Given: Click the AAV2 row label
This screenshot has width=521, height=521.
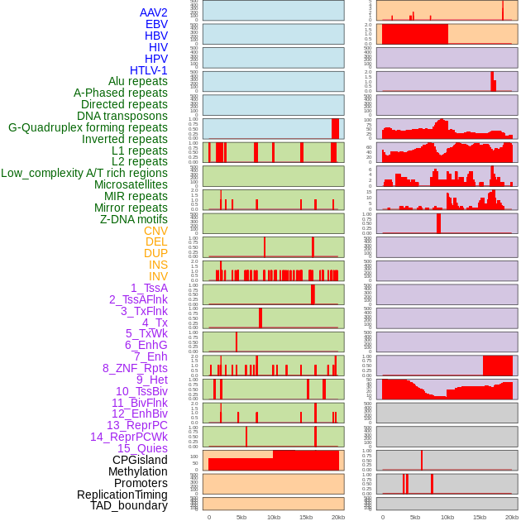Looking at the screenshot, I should coord(154,12).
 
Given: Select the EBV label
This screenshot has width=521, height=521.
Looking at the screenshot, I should coord(156,24).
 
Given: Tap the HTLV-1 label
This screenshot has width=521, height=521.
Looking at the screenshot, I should coord(149,70).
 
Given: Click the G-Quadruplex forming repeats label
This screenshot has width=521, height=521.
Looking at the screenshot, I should coord(88,127).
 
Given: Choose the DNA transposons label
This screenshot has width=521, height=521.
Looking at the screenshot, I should coord(122,116).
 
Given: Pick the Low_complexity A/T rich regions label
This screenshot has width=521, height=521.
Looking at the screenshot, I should coord(84,173).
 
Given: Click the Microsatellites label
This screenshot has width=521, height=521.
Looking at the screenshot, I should coord(131,184).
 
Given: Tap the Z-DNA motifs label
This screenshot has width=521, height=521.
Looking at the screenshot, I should coord(134,219).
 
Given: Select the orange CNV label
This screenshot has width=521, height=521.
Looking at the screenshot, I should coord(155,231).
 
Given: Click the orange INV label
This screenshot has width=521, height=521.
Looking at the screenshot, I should coord(158,276).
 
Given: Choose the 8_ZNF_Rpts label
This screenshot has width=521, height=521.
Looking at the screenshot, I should coord(135,368).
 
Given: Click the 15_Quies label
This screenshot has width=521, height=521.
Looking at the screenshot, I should coord(142,448).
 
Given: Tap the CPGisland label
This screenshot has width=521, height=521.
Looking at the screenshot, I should coord(140,460).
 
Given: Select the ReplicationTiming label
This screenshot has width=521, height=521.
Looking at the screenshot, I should coord(122,495).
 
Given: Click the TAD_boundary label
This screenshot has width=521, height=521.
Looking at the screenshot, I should coord(129,505).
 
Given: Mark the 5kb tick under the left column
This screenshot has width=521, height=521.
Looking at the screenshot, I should coord(241,517).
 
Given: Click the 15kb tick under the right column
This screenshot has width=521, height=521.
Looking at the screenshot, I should coord(480,517).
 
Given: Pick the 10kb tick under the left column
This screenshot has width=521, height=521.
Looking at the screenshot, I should coord(273,517).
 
